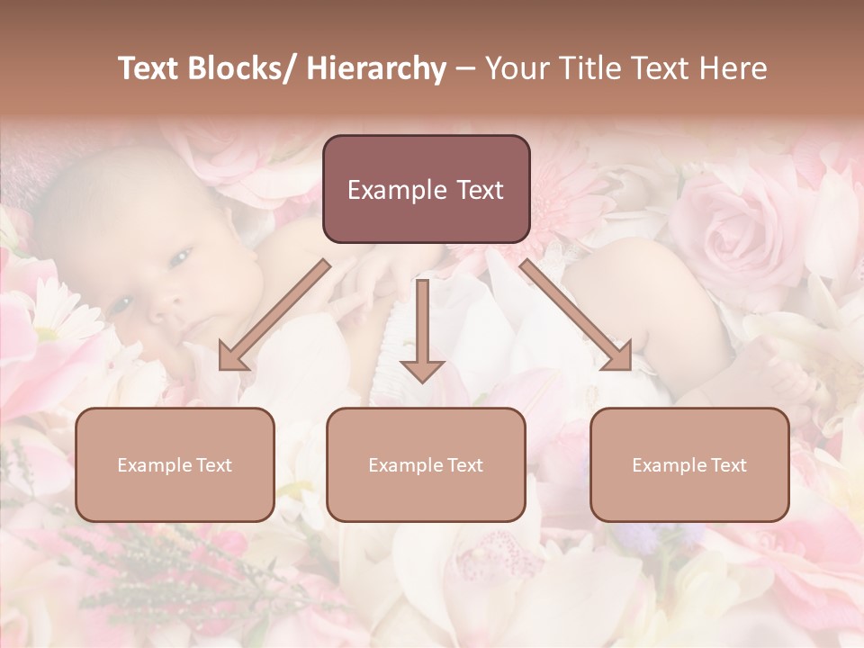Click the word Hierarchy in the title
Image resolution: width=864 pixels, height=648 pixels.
coord(376,69)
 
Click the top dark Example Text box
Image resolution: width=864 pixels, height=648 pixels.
coord(426,189)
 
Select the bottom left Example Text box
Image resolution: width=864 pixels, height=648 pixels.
coord(175,464)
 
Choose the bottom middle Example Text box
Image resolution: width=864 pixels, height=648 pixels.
coord(426,464)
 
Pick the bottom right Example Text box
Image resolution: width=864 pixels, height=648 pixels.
coord(689,464)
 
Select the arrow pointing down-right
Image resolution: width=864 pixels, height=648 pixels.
coord(577,316)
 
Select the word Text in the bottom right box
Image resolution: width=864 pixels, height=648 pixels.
coord(727,465)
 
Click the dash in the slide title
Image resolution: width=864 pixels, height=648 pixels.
coord(465,69)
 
